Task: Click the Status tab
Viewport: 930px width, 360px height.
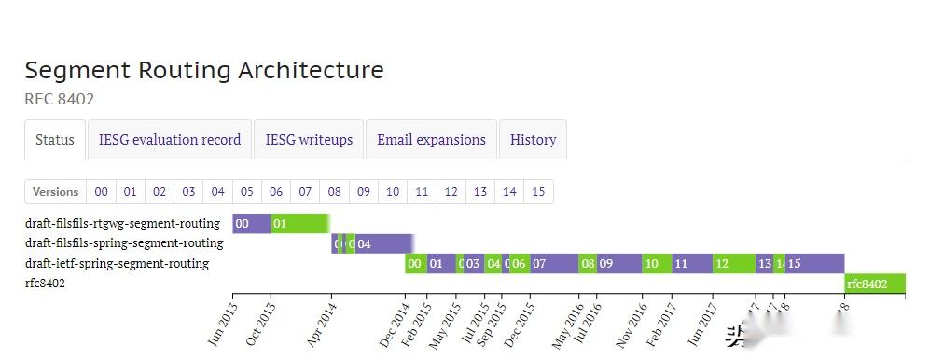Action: pyautogui.click(x=55, y=140)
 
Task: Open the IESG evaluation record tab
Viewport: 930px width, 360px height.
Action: pyautogui.click(x=170, y=140)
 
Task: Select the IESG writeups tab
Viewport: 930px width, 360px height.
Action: pyautogui.click(x=309, y=140)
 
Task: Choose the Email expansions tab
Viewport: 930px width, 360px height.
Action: pyautogui.click(x=431, y=140)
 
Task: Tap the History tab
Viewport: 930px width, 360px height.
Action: pyautogui.click(x=533, y=140)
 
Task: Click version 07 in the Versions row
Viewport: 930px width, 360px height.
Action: pyautogui.click(x=305, y=192)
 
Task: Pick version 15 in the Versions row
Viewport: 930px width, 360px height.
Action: pyautogui.click(x=538, y=192)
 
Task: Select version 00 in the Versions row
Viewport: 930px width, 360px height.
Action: pyautogui.click(x=101, y=192)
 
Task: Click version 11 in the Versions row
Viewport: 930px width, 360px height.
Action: pyautogui.click(x=422, y=192)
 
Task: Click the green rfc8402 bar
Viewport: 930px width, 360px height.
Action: pyautogui.click(x=873, y=284)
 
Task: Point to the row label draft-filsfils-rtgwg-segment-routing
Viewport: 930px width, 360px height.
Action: pyautogui.click(x=122, y=224)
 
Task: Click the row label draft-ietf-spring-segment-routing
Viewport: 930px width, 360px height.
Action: pyautogui.click(x=117, y=264)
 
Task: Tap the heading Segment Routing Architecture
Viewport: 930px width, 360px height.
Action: pyautogui.click(x=204, y=70)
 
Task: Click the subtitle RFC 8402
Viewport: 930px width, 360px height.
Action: pyautogui.click(x=59, y=99)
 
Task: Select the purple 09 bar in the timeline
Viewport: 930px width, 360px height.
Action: pyautogui.click(x=618, y=264)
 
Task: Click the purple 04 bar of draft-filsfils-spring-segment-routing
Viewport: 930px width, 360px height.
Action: pyautogui.click(x=382, y=244)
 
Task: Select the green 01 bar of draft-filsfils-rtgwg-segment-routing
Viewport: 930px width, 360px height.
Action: pyautogui.click(x=298, y=224)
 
